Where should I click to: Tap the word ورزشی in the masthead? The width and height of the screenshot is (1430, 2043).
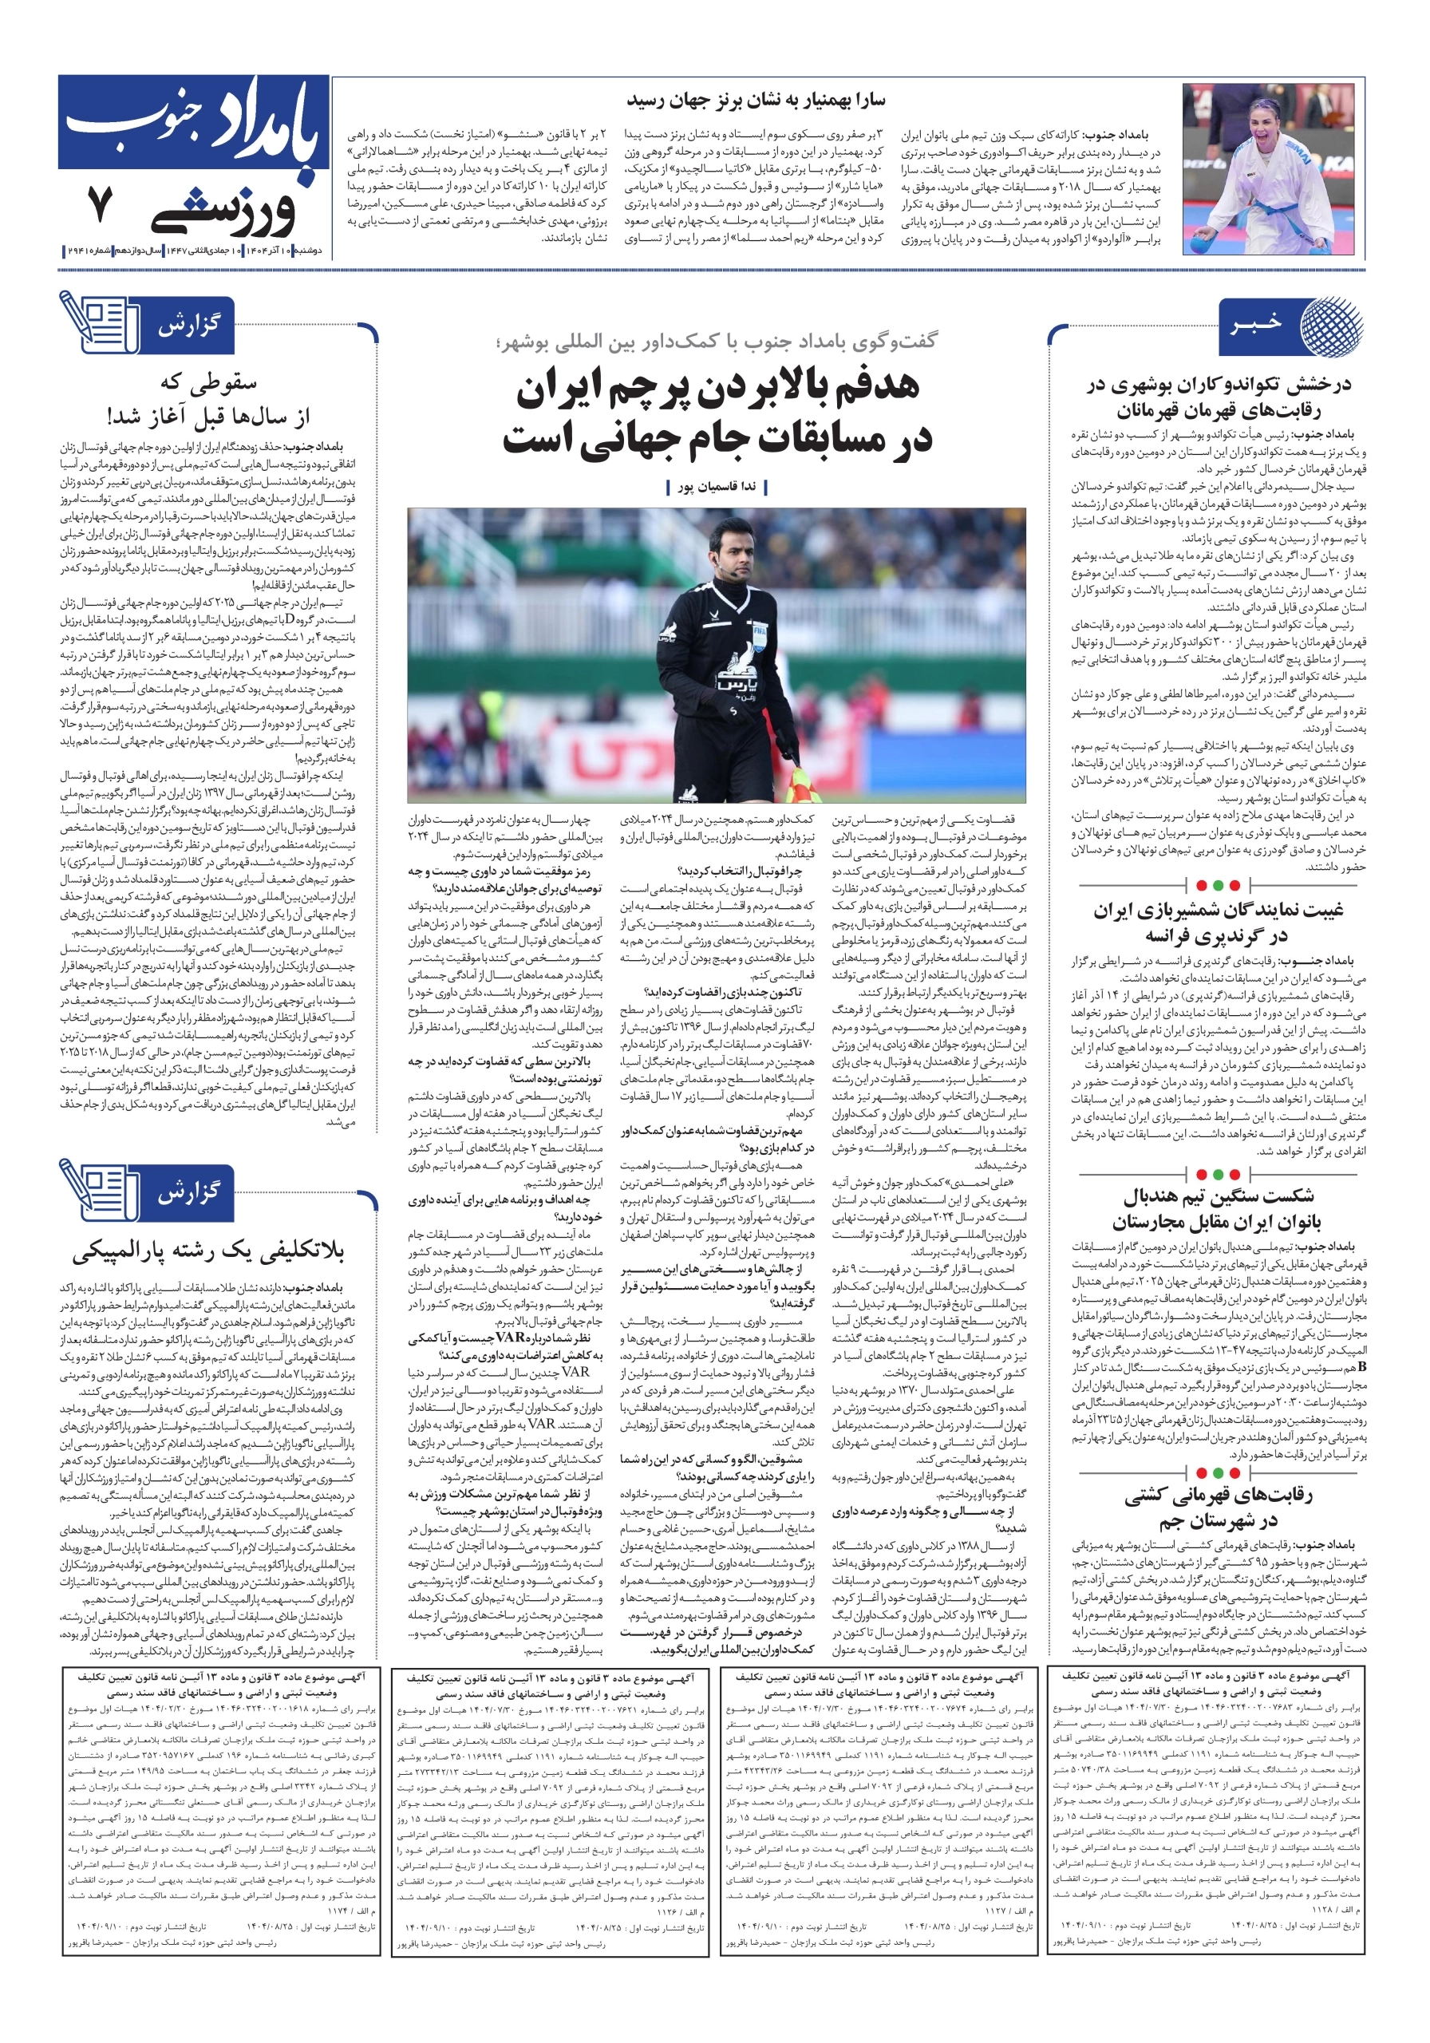point(226,210)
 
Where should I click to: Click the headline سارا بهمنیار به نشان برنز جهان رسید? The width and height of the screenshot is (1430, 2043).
point(756,101)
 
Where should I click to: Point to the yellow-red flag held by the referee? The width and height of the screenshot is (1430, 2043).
point(806,784)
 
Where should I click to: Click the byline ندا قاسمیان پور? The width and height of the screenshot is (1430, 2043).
point(717,487)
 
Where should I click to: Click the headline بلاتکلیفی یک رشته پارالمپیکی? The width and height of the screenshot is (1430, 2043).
point(208,1252)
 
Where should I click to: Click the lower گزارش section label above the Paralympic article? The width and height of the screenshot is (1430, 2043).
point(187,1193)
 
